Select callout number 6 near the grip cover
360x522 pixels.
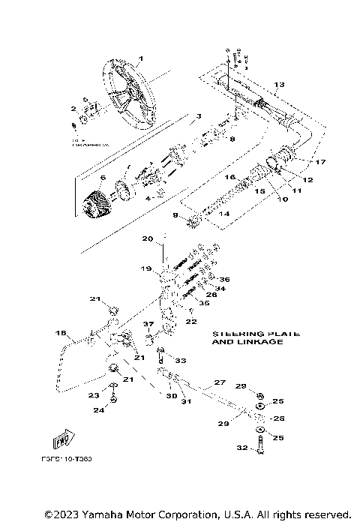pyautogui.click(x=103, y=178)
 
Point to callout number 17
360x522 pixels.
pyautogui.click(x=320, y=162)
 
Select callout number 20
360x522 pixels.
pyautogui.click(x=148, y=239)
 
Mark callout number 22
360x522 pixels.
pyautogui.click(x=192, y=322)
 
